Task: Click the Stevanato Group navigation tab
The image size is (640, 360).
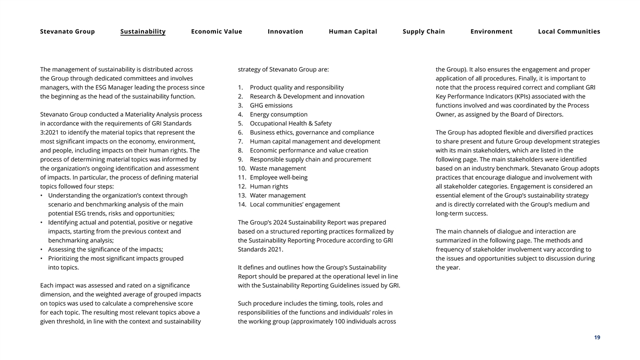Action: point(67,31)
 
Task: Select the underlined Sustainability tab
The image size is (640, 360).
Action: point(143,31)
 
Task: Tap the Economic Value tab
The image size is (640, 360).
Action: point(217,31)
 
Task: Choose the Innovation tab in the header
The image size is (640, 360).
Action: point(285,31)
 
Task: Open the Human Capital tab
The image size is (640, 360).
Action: point(353,31)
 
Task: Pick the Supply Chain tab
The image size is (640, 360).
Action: point(423,31)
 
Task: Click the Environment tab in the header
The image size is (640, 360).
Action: point(491,31)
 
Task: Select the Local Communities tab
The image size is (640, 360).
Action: point(569,31)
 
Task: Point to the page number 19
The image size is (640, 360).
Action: point(597,338)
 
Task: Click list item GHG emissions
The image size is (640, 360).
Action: point(271,106)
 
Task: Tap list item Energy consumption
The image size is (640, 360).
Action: point(278,115)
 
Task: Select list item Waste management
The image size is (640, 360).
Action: point(278,169)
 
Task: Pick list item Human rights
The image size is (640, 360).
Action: point(269,187)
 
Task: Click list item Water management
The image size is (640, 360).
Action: point(277,196)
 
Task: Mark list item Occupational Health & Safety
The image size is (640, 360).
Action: point(291,124)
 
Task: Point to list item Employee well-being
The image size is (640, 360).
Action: point(278,178)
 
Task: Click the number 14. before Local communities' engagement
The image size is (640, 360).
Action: point(242,205)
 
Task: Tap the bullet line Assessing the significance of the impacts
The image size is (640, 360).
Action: point(106,250)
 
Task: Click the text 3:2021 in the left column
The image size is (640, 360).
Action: point(52,132)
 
